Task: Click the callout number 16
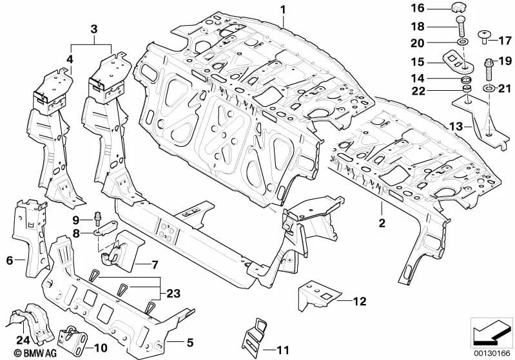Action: click(x=418, y=8)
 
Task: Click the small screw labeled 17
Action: click(x=483, y=37)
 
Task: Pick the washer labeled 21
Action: click(x=489, y=88)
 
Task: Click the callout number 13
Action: click(x=456, y=126)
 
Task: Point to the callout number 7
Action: click(x=154, y=265)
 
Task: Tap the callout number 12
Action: click(x=360, y=301)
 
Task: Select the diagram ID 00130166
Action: click(x=492, y=354)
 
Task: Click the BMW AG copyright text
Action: click(x=35, y=353)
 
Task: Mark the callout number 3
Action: click(x=94, y=29)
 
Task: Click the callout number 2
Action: click(x=382, y=223)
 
